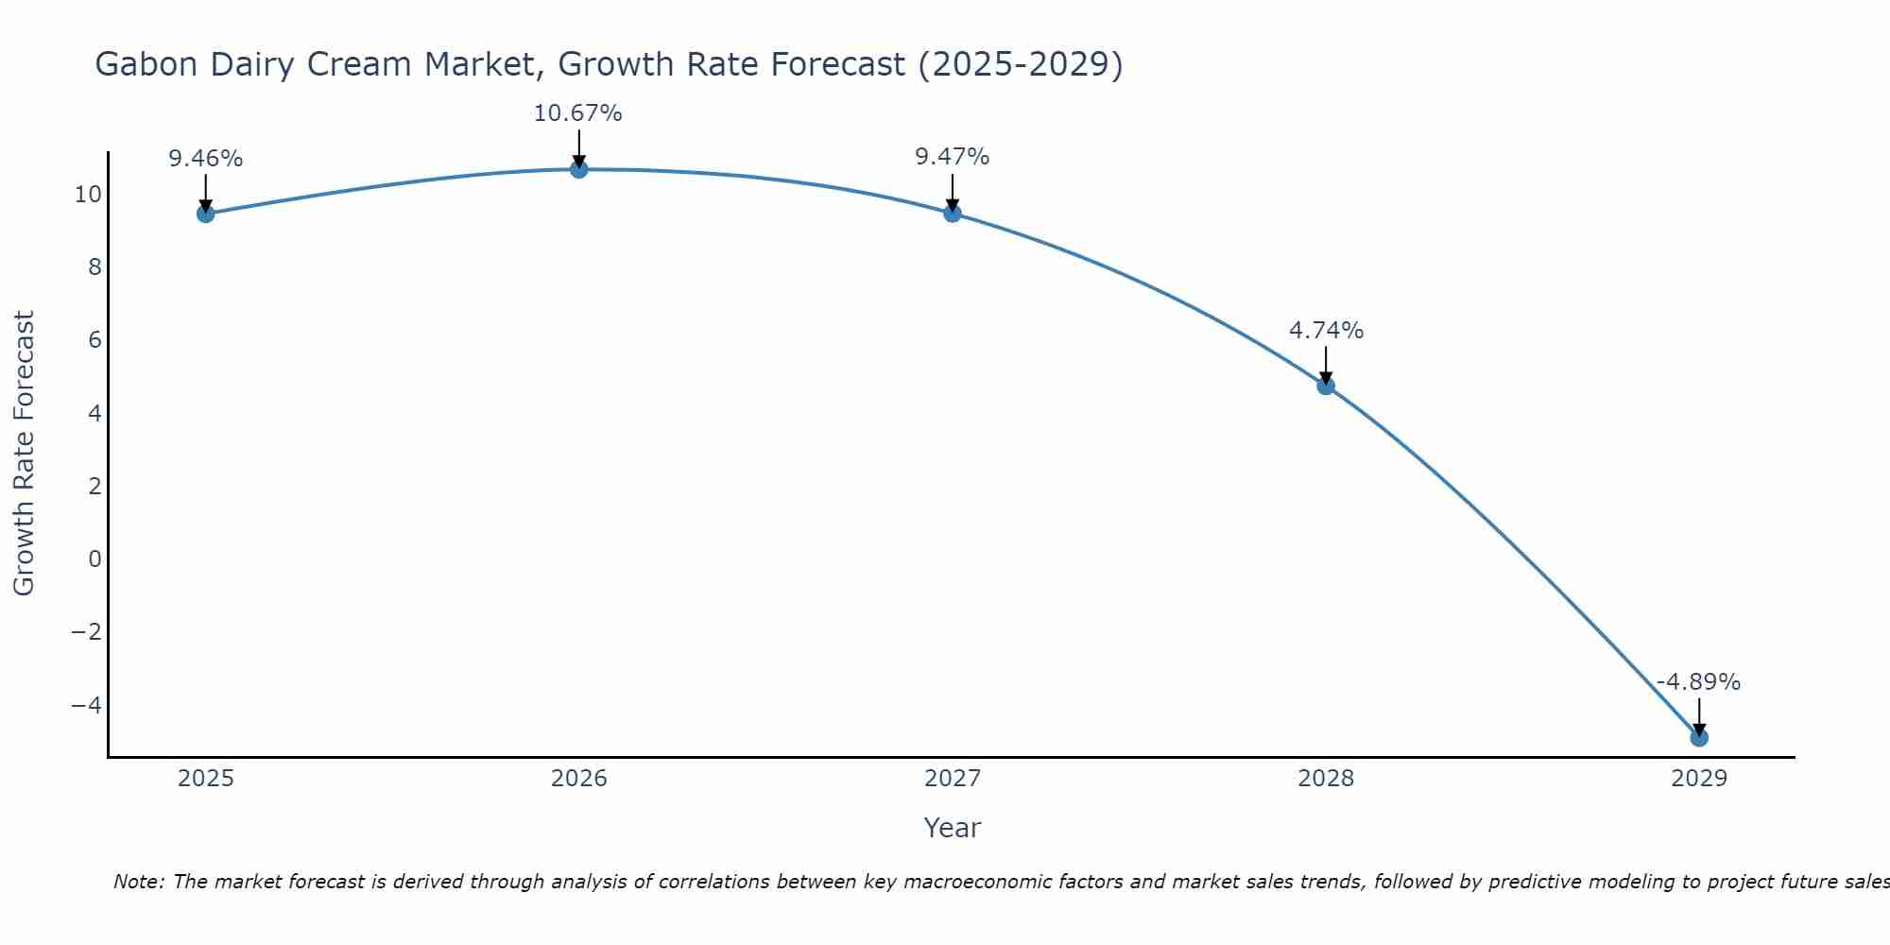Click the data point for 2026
579,169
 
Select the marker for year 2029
1699,737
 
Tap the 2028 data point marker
1326,386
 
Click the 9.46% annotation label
206,159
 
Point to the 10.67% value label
578,113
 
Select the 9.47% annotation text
953,157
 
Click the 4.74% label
1326,331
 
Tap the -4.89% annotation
1698,682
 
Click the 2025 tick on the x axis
206,779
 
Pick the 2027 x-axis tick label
953,779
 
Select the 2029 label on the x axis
1699,779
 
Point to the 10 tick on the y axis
88,195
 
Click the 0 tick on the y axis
94,558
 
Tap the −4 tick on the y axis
86,705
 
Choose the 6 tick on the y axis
94,340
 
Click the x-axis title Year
953,828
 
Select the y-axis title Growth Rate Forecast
24,454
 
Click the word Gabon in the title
146,65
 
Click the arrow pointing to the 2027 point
953,192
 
